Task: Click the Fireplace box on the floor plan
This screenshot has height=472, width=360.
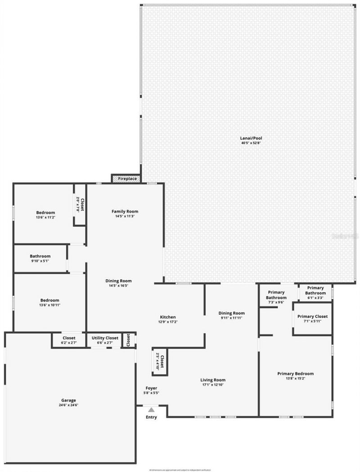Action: tap(127, 178)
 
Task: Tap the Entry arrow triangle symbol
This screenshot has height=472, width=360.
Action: tap(151, 410)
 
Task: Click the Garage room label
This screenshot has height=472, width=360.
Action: tap(68, 400)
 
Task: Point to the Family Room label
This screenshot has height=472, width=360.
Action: tap(125, 211)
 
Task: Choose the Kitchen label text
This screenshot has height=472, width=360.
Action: tap(168, 317)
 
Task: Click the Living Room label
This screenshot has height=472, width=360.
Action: tap(213, 380)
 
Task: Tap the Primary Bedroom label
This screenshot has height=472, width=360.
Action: tap(295, 374)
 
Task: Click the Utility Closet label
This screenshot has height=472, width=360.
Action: tap(105, 338)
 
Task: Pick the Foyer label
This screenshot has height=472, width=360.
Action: tap(151, 388)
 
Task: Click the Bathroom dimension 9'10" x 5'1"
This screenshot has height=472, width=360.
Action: tap(40, 261)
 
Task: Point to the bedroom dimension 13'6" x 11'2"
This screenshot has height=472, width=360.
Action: tap(45, 217)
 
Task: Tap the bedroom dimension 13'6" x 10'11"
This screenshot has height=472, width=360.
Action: tap(45, 305)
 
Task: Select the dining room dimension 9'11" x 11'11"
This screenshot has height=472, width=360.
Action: tap(231, 318)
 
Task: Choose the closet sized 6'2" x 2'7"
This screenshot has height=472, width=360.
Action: tap(69, 343)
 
